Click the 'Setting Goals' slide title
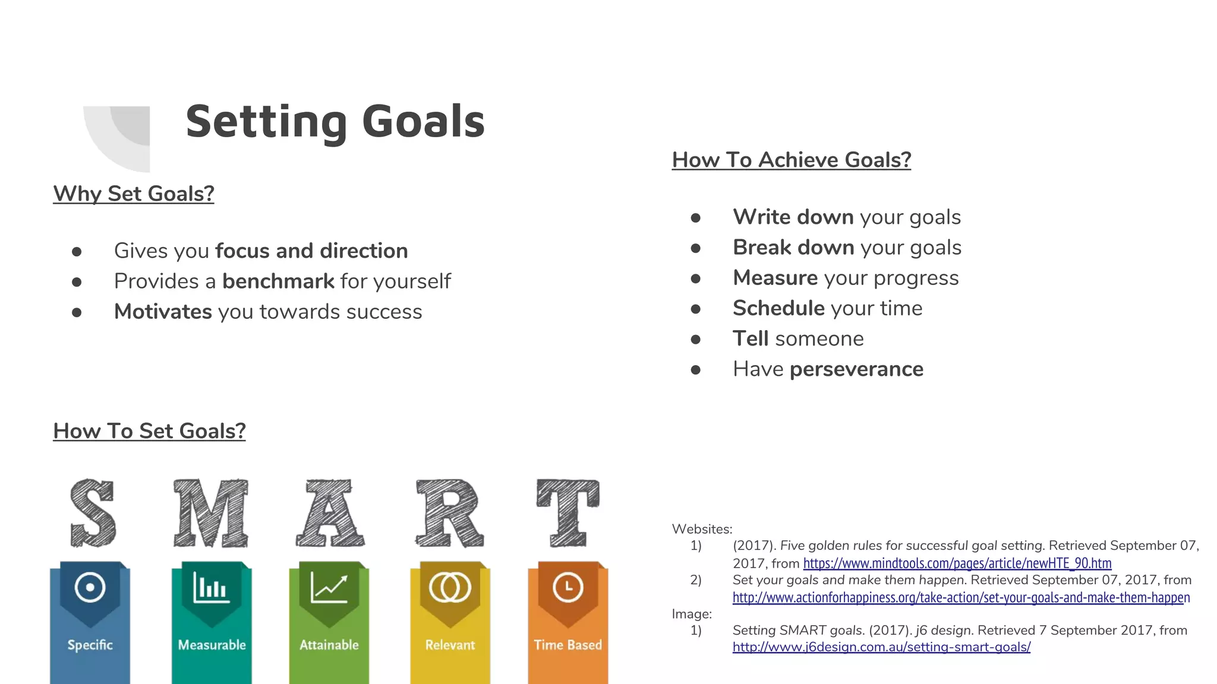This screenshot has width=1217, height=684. [335, 121]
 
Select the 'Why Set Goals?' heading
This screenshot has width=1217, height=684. [134, 194]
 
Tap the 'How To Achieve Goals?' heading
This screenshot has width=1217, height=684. [792, 160]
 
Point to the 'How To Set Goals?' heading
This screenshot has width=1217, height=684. [149, 431]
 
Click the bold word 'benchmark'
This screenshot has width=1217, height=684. [278, 281]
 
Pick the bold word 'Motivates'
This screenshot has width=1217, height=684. [163, 312]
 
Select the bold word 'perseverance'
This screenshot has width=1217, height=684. [856, 369]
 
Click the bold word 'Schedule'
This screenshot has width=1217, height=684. [778, 308]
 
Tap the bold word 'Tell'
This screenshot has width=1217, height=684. [751, 338]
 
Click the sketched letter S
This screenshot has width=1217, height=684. [92, 513]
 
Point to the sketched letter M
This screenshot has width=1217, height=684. [211, 513]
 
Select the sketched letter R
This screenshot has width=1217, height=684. [449, 513]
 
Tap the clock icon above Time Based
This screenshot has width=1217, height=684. [568, 587]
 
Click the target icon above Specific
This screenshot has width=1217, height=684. [90, 587]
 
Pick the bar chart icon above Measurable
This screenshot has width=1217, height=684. [211, 587]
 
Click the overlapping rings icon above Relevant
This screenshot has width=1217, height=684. [450, 587]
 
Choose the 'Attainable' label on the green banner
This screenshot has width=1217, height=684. [329, 645]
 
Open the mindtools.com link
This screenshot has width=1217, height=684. [957, 563]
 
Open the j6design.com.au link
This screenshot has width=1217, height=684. [881, 647]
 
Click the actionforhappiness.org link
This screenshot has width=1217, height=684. [961, 597]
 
